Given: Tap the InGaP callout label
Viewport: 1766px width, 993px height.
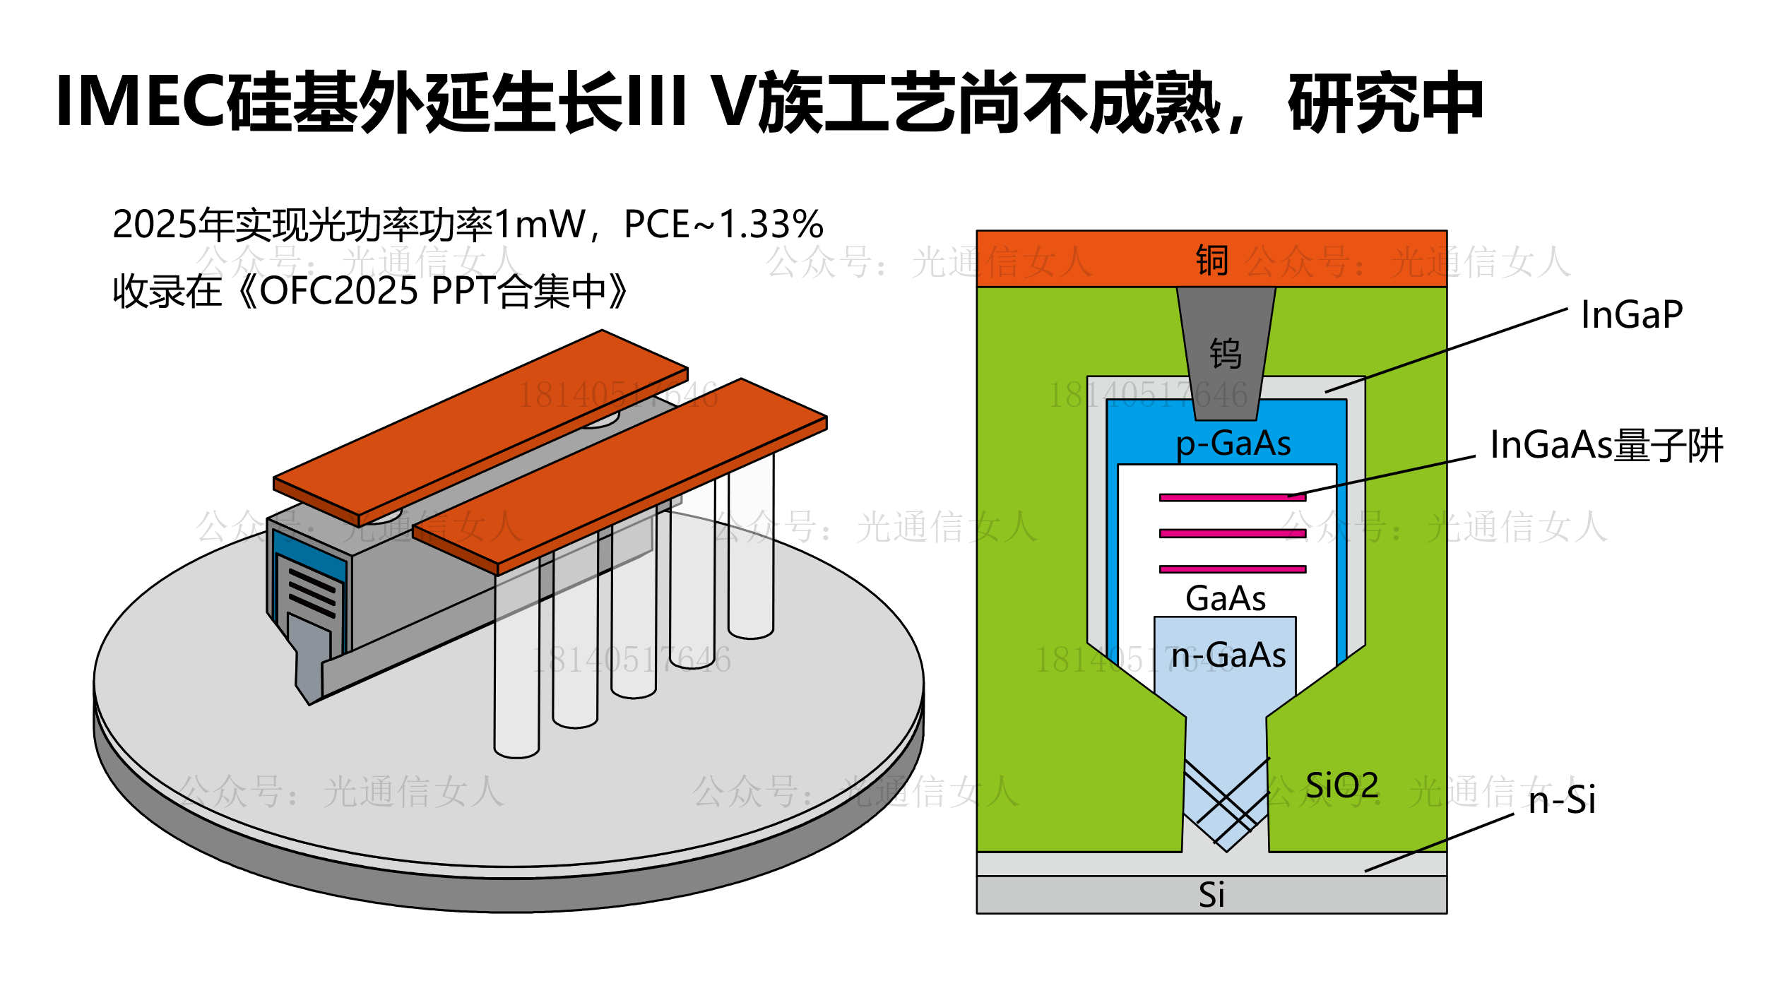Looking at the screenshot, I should (x=1631, y=315).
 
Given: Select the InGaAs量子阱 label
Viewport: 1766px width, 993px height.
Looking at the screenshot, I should (x=1606, y=446).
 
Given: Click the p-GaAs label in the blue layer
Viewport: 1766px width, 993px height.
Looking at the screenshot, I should (x=1233, y=444).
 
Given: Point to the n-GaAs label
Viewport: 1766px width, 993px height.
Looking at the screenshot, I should (x=1228, y=655).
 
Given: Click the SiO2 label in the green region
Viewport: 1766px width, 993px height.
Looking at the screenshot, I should (x=1341, y=786).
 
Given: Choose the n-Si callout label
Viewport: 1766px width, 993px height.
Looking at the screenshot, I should (x=1562, y=801).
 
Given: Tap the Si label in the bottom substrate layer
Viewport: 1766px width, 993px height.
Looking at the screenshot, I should (x=1211, y=896).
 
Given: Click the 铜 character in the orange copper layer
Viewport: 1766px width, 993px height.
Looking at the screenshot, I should (x=1211, y=260).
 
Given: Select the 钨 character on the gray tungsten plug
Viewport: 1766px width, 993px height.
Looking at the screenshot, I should (x=1226, y=353).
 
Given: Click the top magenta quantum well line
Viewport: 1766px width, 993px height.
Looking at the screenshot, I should (x=1232, y=498).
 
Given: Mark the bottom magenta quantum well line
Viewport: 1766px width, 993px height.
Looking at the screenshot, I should (x=1232, y=569).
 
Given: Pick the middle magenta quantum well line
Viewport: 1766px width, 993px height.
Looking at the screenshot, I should (x=1232, y=533).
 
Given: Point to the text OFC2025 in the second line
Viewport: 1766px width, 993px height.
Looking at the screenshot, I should (x=339, y=291).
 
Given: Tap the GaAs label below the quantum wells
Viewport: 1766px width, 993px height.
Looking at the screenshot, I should (x=1226, y=599).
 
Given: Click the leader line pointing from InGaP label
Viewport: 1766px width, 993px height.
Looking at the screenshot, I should (x=1448, y=350).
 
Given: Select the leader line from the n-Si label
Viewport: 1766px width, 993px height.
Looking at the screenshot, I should (x=1441, y=842).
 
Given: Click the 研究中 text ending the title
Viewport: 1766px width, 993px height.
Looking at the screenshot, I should (x=1385, y=103).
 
